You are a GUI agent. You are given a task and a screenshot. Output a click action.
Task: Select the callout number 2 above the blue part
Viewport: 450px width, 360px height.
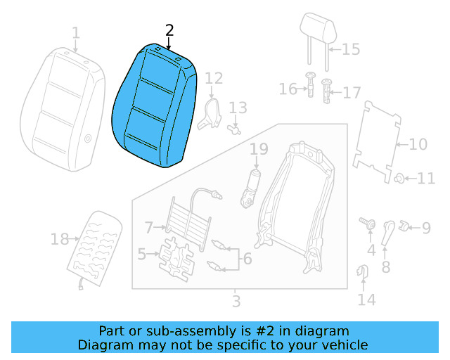[x=169, y=30]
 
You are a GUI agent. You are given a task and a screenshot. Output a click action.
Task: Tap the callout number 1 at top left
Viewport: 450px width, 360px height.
[x=76, y=32]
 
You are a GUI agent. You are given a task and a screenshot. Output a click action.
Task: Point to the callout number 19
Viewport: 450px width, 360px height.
[x=259, y=149]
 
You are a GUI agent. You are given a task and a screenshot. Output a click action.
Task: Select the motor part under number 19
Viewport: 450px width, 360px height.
[x=250, y=188]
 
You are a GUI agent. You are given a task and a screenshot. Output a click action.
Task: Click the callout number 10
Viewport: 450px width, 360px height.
[x=418, y=145]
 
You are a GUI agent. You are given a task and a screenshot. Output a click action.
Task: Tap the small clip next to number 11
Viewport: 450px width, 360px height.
[x=399, y=178]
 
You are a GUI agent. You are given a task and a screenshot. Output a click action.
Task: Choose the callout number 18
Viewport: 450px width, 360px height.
[x=60, y=240]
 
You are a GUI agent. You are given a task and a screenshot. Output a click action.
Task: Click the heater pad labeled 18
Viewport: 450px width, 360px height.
[x=94, y=247]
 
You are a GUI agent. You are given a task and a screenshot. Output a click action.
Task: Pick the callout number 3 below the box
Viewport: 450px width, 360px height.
[x=236, y=302]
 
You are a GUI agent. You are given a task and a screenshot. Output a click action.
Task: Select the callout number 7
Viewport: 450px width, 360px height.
[x=148, y=227]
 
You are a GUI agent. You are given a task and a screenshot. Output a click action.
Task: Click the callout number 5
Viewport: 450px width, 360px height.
[x=141, y=254]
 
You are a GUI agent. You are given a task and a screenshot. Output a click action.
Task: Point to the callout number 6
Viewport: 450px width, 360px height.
[x=247, y=259]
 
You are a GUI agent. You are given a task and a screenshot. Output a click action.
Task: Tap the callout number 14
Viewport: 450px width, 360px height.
[x=366, y=300]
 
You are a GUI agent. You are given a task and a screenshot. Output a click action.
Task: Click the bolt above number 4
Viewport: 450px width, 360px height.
[x=367, y=223]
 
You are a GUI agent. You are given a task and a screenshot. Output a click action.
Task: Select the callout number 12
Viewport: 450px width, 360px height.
[x=214, y=78]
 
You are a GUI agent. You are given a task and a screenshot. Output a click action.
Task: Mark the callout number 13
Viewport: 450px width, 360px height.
[x=238, y=108]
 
